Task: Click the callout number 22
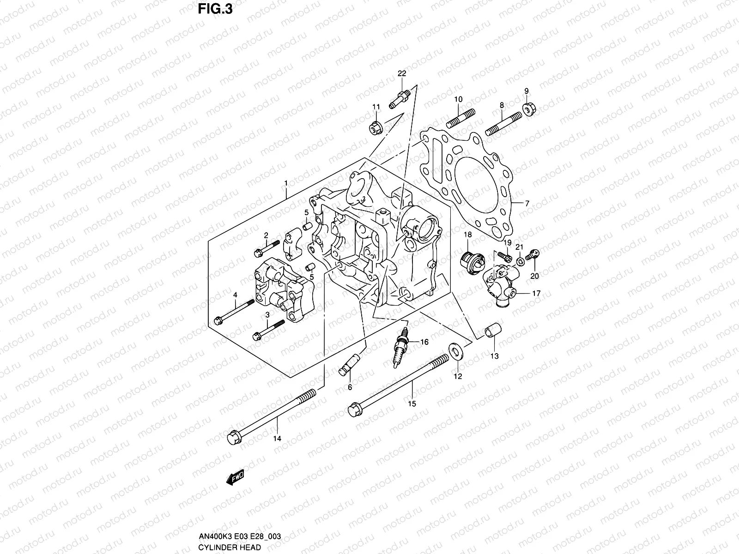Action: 402,74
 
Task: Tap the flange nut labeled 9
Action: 528,108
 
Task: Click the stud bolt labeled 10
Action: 460,119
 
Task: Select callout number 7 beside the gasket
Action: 527,203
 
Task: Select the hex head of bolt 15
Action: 355,408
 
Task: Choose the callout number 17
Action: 536,293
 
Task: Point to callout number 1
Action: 286,183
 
